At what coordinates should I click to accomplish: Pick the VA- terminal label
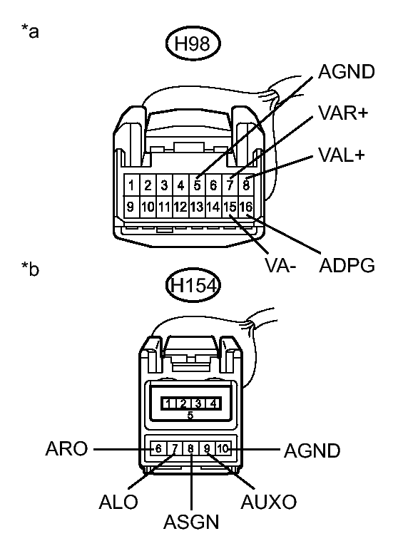click(279, 266)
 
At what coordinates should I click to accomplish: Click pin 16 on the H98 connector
click(246, 207)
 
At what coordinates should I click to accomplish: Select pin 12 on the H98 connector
click(180, 207)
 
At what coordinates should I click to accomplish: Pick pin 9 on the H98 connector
click(132, 207)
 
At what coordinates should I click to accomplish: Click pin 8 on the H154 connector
click(191, 449)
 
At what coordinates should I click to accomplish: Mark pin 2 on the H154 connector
click(177, 403)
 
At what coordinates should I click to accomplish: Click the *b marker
click(31, 271)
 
